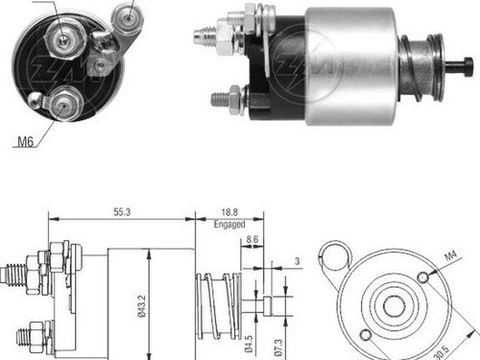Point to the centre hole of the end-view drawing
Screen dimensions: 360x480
(394, 306)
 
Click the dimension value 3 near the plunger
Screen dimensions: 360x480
(299, 259)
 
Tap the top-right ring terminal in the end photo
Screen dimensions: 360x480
(123, 14)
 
